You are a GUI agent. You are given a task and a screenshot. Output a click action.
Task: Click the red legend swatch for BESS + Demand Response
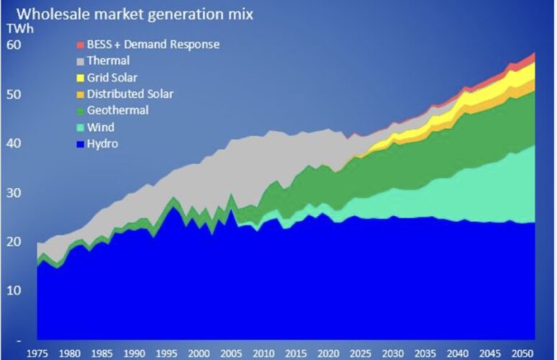[x=80, y=45]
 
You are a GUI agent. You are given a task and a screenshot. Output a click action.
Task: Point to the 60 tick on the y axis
[x=14, y=45]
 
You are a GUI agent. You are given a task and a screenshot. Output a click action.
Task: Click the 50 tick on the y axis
[x=14, y=94]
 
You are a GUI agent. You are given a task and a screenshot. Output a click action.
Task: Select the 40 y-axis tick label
[x=14, y=143]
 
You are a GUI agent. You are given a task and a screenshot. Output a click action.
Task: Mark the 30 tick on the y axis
[x=14, y=193]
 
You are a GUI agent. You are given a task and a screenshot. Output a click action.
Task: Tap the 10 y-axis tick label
[x=14, y=290]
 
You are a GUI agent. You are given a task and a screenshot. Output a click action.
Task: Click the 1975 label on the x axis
[x=38, y=353]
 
